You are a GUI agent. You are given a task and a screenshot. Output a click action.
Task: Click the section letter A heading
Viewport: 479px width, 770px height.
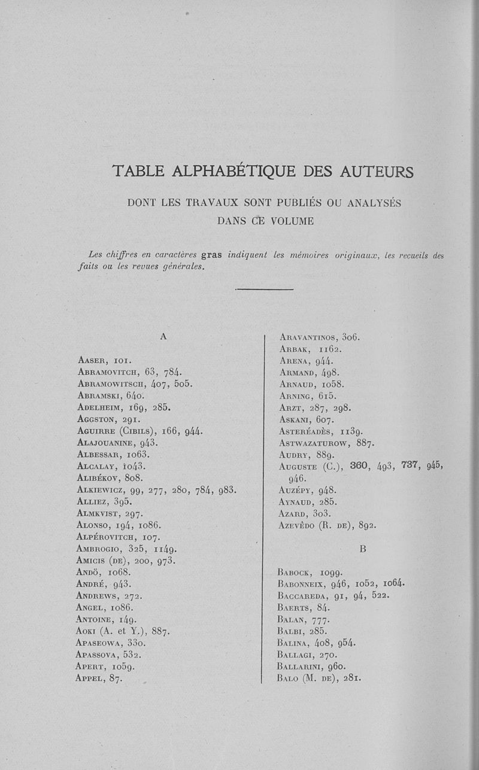(x=163, y=337)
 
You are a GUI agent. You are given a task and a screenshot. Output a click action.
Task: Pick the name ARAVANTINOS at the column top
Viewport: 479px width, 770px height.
(x=309, y=337)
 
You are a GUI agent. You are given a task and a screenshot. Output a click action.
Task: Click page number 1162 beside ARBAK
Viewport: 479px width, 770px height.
(x=329, y=349)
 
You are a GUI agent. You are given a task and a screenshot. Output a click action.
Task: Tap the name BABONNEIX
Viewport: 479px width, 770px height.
(x=302, y=583)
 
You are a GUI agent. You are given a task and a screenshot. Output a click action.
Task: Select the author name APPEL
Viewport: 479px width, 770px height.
(x=90, y=679)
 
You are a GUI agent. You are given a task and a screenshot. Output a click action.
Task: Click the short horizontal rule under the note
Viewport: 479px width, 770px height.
(x=264, y=290)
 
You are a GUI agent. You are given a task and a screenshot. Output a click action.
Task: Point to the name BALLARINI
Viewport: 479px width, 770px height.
(x=302, y=666)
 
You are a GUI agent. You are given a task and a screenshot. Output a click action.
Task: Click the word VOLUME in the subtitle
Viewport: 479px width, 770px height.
(x=293, y=221)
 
